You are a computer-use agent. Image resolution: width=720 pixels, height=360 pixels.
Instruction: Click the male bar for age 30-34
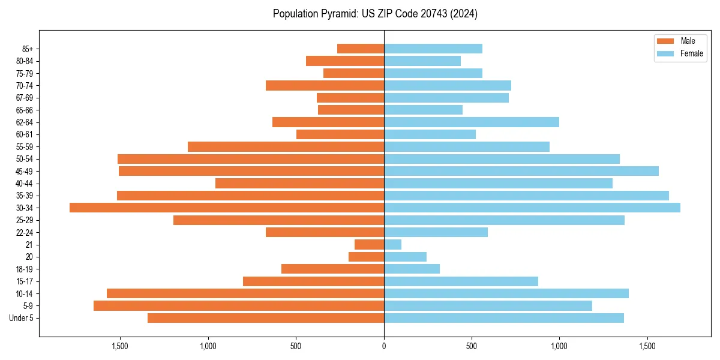click(x=227, y=208)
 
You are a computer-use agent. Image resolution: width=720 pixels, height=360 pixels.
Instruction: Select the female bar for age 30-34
click(x=532, y=208)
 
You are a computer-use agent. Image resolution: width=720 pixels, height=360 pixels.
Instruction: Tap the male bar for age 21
click(x=369, y=244)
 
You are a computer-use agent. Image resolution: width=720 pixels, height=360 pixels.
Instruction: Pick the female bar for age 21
click(x=393, y=244)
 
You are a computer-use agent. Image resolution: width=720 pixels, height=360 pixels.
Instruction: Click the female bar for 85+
click(x=433, y=49)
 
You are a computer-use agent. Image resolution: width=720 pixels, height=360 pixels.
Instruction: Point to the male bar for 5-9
click(x=239, y=305)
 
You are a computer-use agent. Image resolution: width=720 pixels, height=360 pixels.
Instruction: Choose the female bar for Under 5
click(x=504, y=318)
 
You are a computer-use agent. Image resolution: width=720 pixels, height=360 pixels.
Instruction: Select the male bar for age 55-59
click(x=286, y=146)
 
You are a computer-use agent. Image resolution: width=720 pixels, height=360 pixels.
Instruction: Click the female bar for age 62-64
click(x=472, y=122)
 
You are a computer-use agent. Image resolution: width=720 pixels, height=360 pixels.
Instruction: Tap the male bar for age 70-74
click(x=325, y=85)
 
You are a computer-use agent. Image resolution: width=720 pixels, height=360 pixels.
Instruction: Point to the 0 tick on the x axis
click(x=384, y=347)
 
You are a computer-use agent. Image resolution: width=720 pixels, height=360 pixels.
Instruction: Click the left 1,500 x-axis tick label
click(x=120, y=347)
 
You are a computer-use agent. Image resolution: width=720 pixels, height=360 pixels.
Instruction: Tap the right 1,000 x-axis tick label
click(x=559, y=347)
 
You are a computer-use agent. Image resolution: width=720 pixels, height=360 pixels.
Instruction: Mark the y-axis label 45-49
click(x=25, y=171)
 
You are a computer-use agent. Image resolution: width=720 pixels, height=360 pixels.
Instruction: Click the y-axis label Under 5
click(x=22, y=318)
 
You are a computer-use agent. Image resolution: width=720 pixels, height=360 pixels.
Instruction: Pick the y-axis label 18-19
click(x=25, y=269)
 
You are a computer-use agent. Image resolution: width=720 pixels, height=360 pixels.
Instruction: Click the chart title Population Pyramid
click(x=375, y=14)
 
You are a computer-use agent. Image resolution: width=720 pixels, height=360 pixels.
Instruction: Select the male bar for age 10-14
click(x=245, y=293)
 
